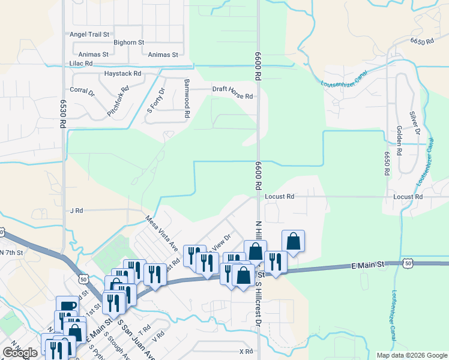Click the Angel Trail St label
[89, 35]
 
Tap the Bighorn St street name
[129, 43]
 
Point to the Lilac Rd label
[81, 63]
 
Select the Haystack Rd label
[122, 74]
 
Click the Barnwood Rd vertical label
[187, 98]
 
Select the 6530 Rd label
[62, 114]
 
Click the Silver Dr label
[412, 123]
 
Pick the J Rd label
[76, 211]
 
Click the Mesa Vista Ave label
[162, 233]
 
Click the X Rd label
[246, 351]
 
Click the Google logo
[20, 352]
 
